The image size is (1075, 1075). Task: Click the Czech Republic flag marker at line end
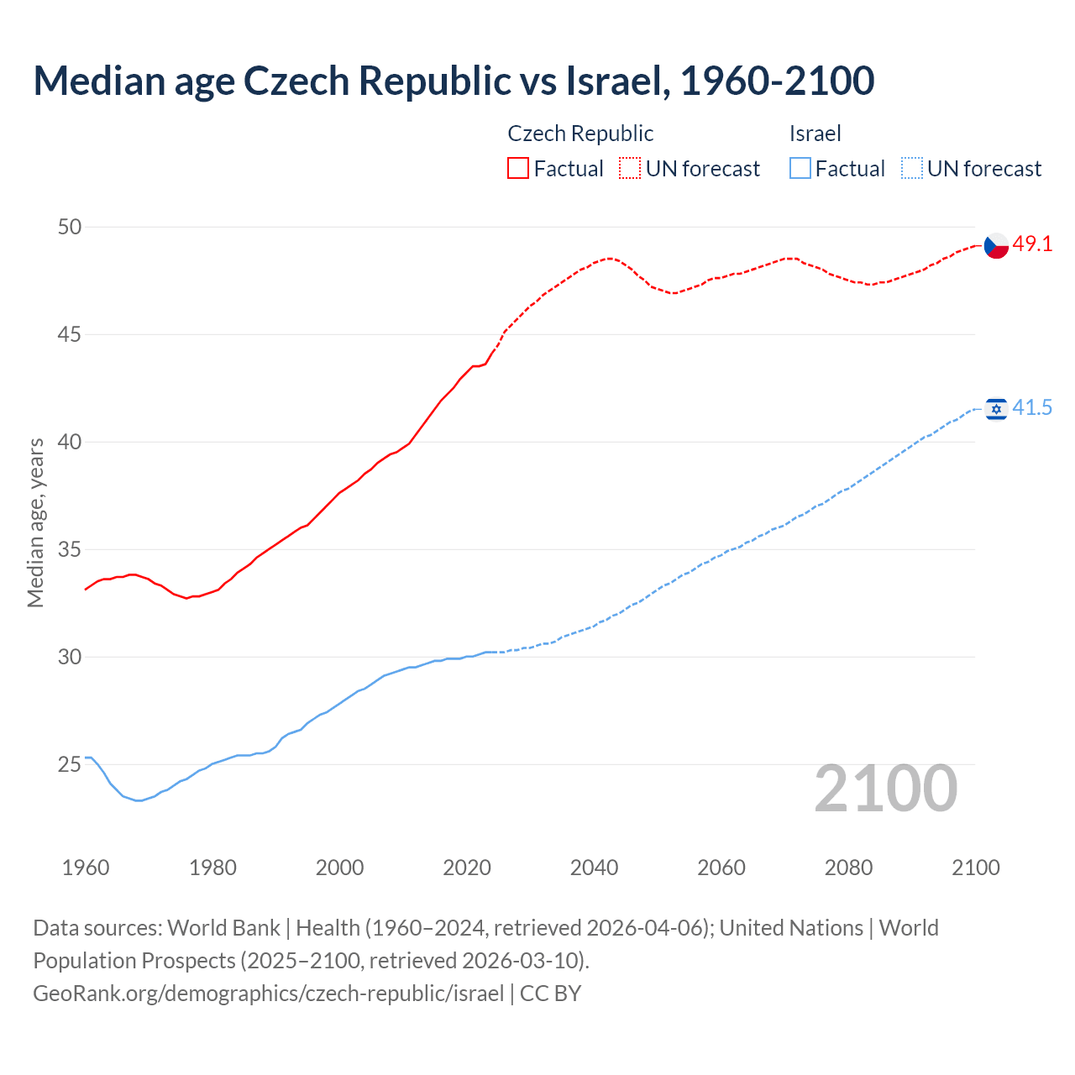tap(996, 245)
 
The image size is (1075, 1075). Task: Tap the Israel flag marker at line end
tap(996, 409)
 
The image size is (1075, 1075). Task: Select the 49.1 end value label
tap(1032, 244)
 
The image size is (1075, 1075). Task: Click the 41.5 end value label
tap(1032, 408)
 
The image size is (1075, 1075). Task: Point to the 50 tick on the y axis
tap(70, 227)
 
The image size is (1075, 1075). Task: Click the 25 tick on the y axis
tap(70, 764)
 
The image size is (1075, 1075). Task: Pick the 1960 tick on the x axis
tap(86, 868)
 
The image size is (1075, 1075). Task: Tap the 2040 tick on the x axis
tap(595, 868)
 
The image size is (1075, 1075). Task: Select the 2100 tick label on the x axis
tap(976, 868)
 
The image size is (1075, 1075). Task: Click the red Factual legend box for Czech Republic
tap(518, 169)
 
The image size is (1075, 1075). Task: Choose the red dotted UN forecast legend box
tap(630, 169)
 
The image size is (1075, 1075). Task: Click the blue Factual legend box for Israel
tap(800, 169)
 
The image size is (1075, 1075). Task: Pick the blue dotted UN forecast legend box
tap(912, 169)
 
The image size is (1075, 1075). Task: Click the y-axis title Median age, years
tap(36, 522)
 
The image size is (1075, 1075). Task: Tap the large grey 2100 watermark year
tap(886, 789)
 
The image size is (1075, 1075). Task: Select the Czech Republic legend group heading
tap(580, 134)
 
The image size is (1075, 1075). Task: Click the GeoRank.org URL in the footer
tap(268, 994)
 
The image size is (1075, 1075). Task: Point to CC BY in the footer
tap(551, 994)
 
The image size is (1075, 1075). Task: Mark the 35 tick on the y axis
tap(70, 549)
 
